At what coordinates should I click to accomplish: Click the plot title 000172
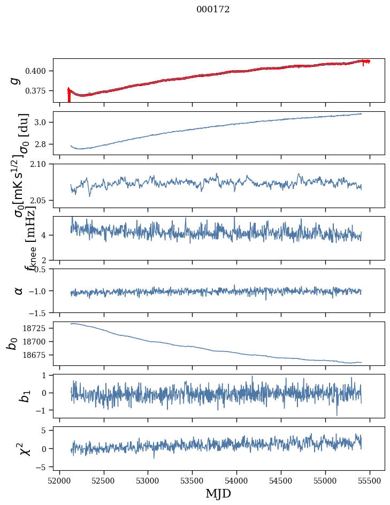click(213, 10)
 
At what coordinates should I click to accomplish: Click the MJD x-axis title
click(218, 493)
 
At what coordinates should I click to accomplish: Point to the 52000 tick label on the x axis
click(59, 480)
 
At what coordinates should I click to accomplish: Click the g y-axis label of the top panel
click(15, 80)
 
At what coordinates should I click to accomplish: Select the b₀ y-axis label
click(13, 343)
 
